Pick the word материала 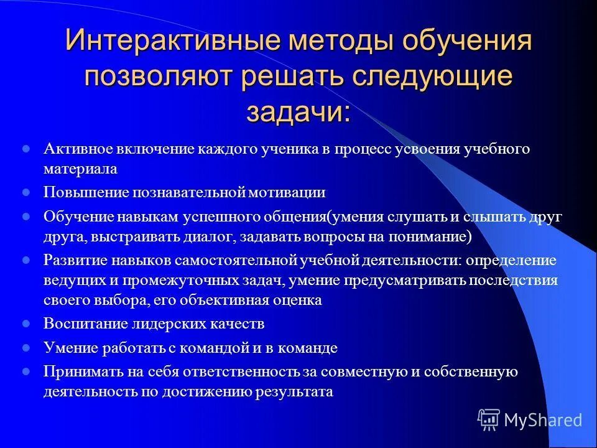click(80, 168)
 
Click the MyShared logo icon click(489, 419)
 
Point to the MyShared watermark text click(544, 420)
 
